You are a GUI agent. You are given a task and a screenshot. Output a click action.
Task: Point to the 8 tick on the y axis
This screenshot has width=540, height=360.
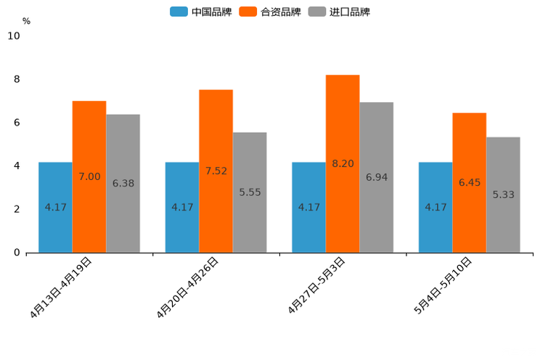pyautogui.click(x=16, y=79)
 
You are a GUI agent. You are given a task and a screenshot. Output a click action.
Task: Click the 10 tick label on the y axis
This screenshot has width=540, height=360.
pyautogui.click(x=14, y=36)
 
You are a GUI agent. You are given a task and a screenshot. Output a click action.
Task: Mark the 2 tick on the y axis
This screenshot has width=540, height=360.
pyautogui.click(x=16, y=209)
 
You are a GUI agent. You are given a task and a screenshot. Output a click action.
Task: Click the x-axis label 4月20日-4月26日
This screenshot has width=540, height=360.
pyautogui.click(x=188, y=287)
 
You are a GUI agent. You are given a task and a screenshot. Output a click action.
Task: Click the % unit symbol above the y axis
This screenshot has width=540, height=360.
pyautogui.click(x=26, y=21)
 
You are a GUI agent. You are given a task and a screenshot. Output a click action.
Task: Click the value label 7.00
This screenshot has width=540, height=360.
pyautogui.click(x=89, y=176)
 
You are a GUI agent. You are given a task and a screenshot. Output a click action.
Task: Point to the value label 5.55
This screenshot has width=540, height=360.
pyautogui.click(x=250, y=192)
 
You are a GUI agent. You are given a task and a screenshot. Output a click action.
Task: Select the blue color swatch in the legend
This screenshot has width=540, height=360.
pyautogui.click(x=179, y=12)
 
